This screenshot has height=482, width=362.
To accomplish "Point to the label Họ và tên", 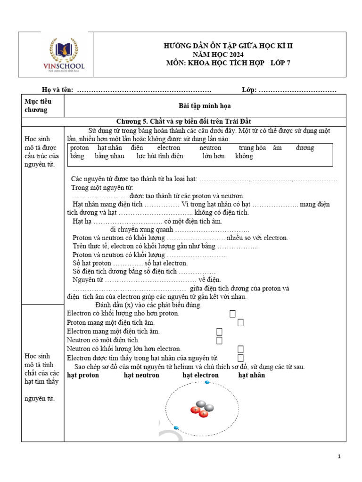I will coord(58,90).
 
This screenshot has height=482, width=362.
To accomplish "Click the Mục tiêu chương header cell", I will coord(38,105).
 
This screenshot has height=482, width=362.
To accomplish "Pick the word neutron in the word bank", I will coord(210,148).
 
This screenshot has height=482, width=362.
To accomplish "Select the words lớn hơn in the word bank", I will coord(214,156).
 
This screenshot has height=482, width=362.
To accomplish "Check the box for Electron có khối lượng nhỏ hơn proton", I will coord(232,313).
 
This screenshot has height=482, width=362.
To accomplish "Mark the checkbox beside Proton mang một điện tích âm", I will coord(240,322).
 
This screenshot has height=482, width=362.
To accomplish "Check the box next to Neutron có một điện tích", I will coord(219,340).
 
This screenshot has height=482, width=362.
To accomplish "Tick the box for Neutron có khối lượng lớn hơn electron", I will coord(240,349).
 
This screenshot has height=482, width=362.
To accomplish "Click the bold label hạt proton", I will coord(83,375).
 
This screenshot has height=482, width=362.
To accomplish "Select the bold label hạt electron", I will coord(200,375).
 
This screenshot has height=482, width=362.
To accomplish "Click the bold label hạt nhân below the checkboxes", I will coord(251,375).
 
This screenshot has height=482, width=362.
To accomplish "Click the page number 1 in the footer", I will coord(339,457).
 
